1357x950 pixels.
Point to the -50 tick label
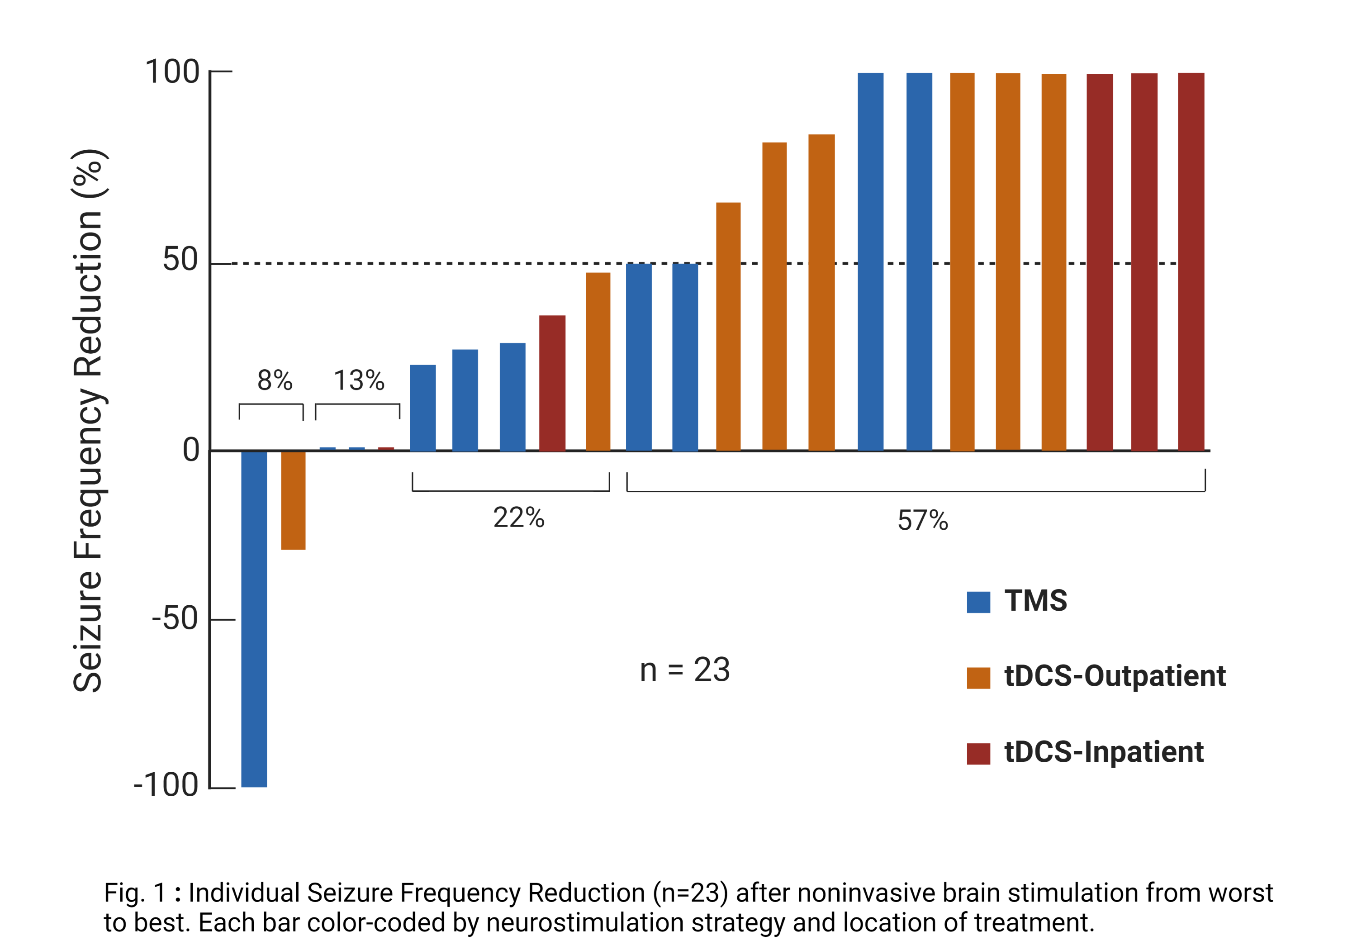tap(175, 618)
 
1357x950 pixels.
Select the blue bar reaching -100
tap(254, 618)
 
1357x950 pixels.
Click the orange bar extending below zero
tap(293, 500)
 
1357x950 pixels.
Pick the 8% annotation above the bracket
tap(275, 380)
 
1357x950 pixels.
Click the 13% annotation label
tap(359, 380)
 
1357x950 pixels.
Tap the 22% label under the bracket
tap(518, 518)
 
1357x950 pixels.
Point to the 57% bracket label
tap(923, 521)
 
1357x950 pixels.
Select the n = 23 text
tap(685, 670)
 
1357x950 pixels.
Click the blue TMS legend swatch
tap(978, 602)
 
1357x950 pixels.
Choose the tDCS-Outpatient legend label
tap(1115, 676)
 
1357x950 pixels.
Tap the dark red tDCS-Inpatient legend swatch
tap(978, 753)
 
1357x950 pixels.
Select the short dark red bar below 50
tap(552, 383)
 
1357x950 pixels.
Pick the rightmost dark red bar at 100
tap(1191, 261)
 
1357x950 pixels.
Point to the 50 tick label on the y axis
tap(180, 260)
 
